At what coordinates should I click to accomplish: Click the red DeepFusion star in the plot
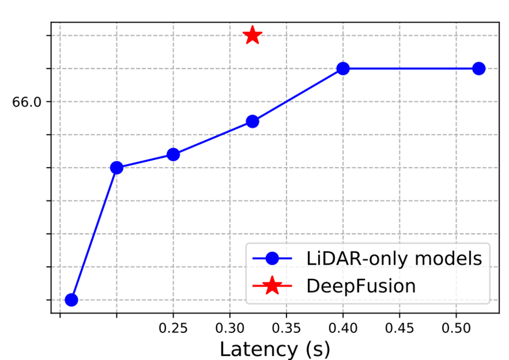(252, 35)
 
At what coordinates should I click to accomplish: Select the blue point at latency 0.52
(479, 68)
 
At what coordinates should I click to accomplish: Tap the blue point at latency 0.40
(343, 68)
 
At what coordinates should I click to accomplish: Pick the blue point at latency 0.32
(252, 121)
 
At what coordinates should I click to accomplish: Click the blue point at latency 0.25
(173, 154)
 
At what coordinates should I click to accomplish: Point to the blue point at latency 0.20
(117, 168)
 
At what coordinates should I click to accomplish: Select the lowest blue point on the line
(71, 299)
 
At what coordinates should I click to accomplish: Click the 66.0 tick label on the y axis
(26, 102)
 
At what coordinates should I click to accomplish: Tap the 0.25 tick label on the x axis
(173, 326)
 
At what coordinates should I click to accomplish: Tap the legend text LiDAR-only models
(394, 258)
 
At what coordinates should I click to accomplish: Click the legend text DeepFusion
(361, 286)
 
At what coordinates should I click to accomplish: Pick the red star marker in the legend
(272, 286)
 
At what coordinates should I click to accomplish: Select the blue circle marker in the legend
(272, 258)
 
